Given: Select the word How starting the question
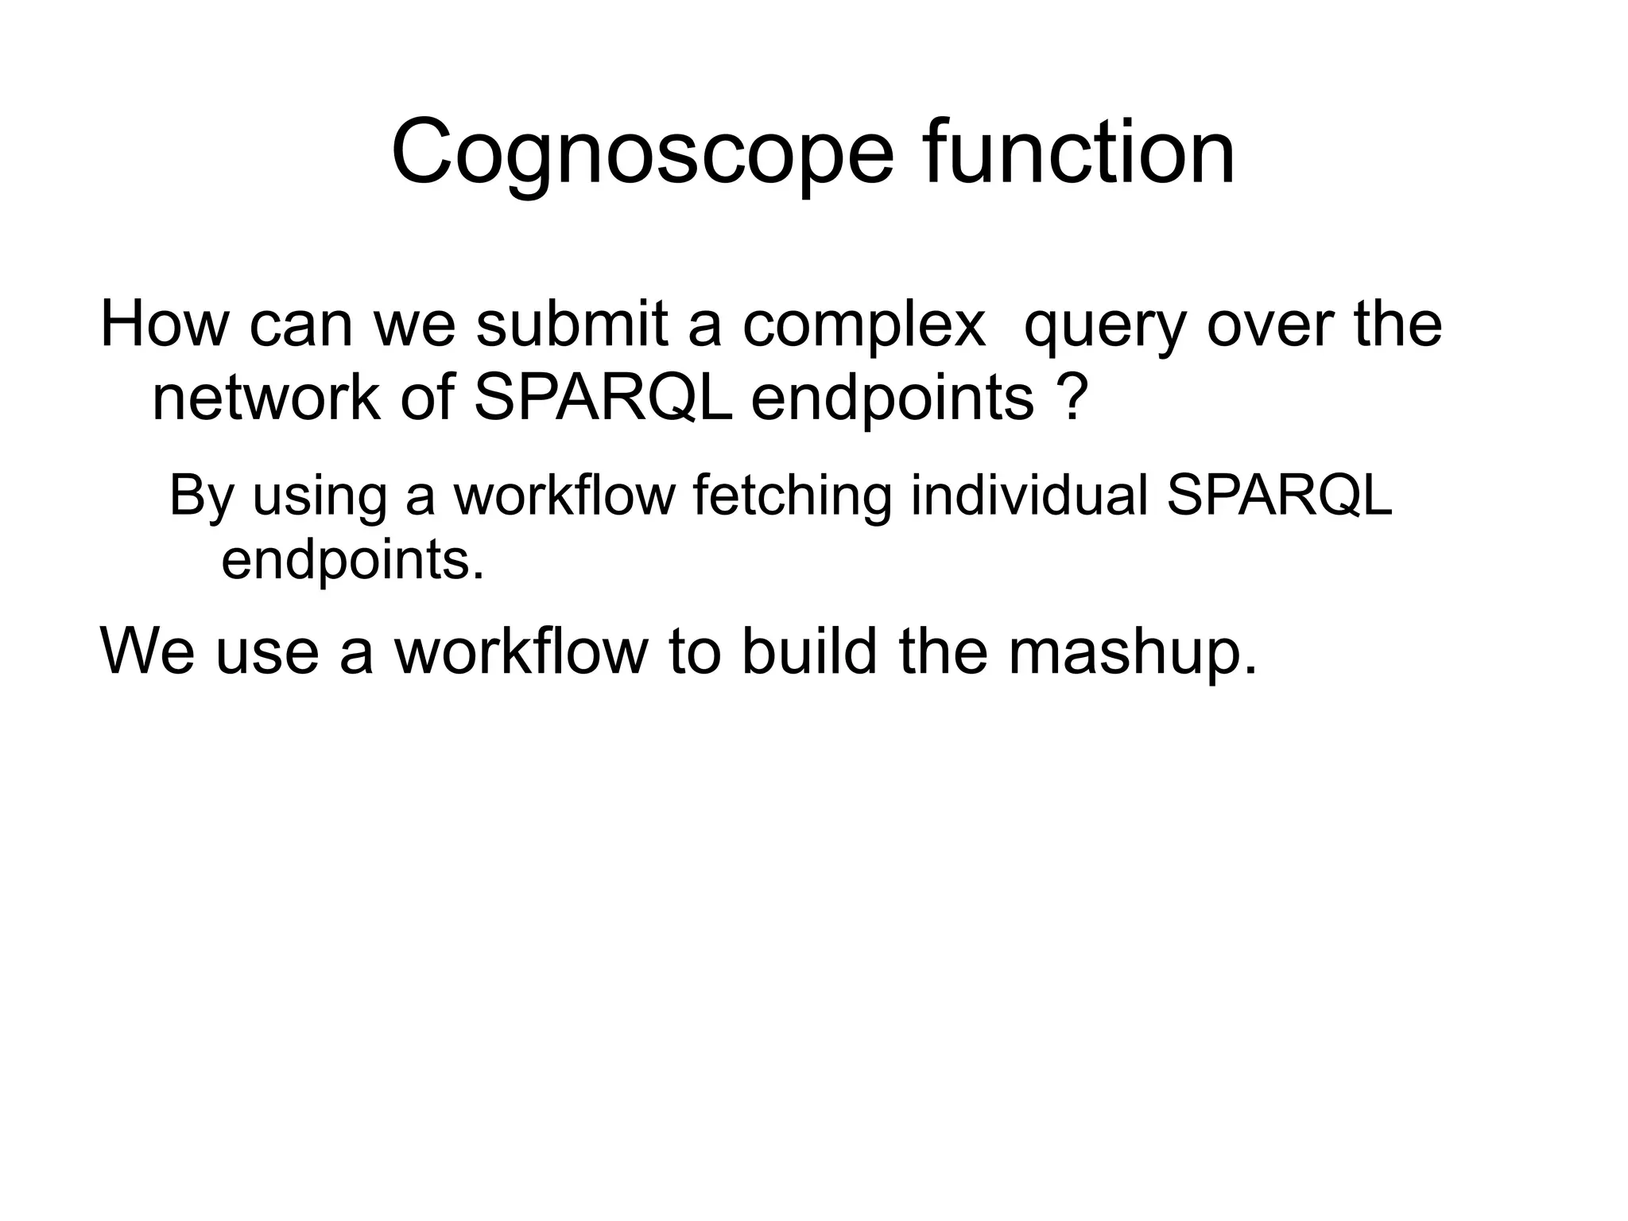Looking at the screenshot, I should [x=164, y=325].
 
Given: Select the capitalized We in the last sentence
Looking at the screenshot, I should [x=148, y=652].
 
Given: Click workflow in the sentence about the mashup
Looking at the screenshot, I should [x=521, y=652].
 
